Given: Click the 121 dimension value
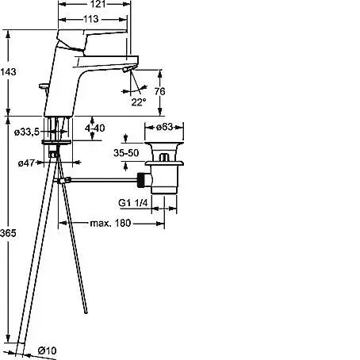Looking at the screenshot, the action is point(98,4).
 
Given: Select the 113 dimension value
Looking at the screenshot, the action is point(91,19).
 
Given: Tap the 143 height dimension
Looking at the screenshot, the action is point(8,71).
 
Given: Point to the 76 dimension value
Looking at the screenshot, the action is point(159,91).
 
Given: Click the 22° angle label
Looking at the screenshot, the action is point(139,102).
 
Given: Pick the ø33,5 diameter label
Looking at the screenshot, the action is point(26,132).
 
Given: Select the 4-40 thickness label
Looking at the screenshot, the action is point(95,128).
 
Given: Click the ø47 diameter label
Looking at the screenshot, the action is point(26,163).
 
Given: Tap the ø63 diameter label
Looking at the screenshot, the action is point(164,127).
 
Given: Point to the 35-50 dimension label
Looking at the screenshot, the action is point(126,153).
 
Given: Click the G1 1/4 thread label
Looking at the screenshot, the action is point(133,203).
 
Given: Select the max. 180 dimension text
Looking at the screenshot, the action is point(110,224).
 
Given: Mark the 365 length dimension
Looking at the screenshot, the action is point(8,233).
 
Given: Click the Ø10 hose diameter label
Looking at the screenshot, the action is point(47,350).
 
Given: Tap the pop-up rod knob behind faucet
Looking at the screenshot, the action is point(43,86).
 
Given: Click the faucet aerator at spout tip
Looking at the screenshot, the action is point(127,70).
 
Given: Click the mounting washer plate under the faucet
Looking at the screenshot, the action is point(56,142).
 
